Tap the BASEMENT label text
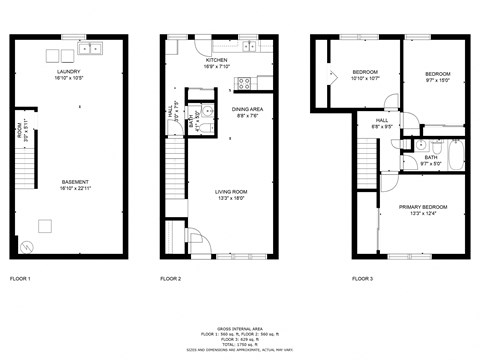[70, 182]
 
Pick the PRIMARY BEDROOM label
[423, 207]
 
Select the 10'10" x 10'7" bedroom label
[365, 74]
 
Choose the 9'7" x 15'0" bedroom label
[437, 74]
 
